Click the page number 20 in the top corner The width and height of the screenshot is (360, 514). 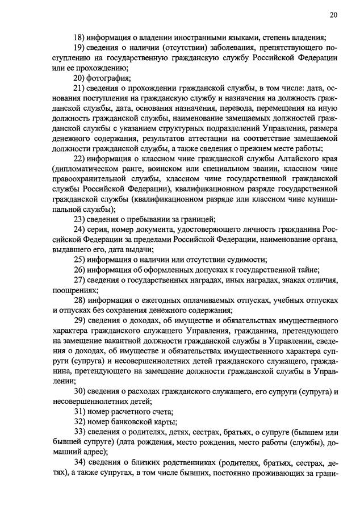coord(333,15)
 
